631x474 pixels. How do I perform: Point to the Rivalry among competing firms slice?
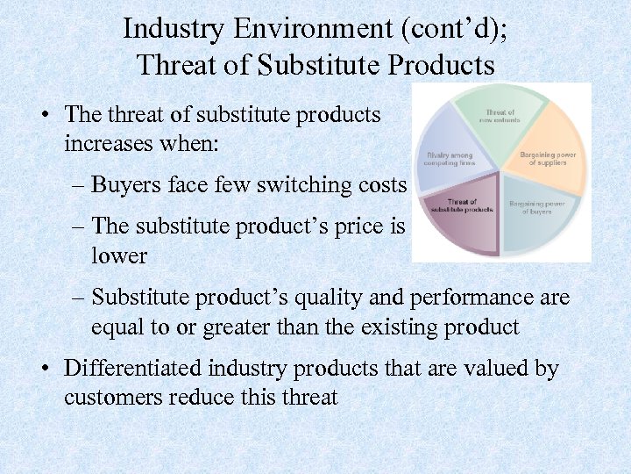[451, 153]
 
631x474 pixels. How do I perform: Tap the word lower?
[119, 255]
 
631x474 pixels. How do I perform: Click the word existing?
[396, 327]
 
